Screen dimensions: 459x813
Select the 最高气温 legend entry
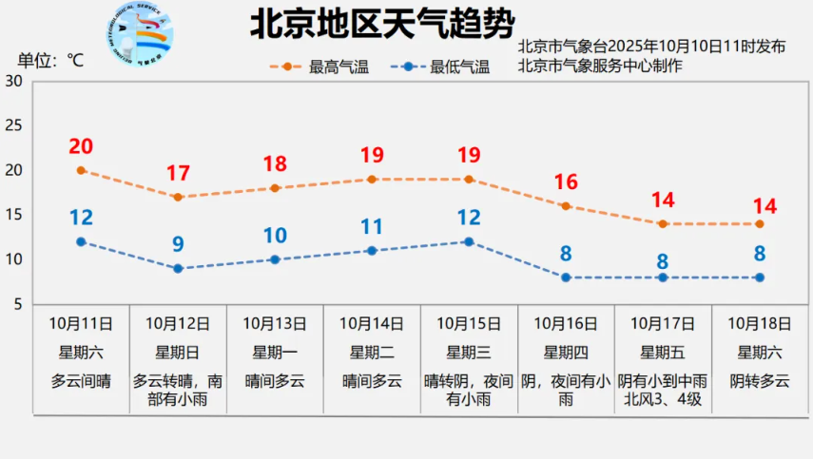coord(320,67)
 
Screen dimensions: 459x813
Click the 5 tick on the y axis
coord(17,304)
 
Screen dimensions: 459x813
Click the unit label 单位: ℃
coord(49,61)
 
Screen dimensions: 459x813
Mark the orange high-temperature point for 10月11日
coord(81,170)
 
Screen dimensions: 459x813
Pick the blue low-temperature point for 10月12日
coord(178,269)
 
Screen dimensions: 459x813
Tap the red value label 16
coord(566,182)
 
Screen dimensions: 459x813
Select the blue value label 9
coord(178,244)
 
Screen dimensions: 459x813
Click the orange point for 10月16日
coord(566,206)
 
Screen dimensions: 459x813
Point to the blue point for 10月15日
coord(469,241)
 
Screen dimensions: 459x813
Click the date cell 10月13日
coord(275,324)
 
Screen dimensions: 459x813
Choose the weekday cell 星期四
coord(566,353)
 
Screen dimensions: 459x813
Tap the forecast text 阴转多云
coord(760,381)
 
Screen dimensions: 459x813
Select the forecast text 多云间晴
coord(81,381)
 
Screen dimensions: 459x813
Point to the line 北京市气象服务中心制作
coord(600,66)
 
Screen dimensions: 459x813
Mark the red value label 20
coord(81,146)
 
